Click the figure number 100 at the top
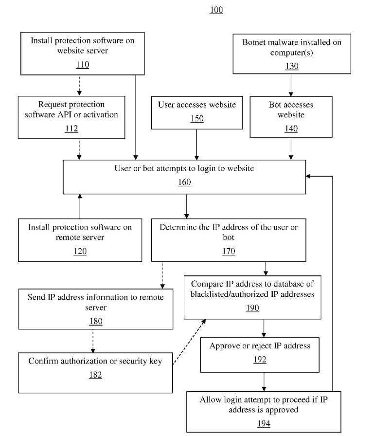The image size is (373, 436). [216, 10]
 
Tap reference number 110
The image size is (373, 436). [83, 65]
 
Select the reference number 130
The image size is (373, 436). [292, 66]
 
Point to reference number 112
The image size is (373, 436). [71, 128]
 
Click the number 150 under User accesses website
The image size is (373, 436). [197, 118]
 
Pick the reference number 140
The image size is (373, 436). [291, 128]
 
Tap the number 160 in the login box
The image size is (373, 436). [184, 182]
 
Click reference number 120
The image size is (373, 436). [80, 251]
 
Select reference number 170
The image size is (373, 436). [229, 251]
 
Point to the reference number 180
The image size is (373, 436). [96, 321]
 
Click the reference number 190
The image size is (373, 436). [252, 308]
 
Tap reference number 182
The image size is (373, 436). [95, 375]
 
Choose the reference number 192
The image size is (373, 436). [260, 360]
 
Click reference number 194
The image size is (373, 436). [264, 423]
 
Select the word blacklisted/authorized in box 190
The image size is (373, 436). [230, 294]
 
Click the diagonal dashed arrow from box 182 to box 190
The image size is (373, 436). [189, 342]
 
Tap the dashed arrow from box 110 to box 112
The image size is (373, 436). [79, 85]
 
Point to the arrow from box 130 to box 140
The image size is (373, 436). [291, 85]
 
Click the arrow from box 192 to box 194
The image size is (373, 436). [264, 382]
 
